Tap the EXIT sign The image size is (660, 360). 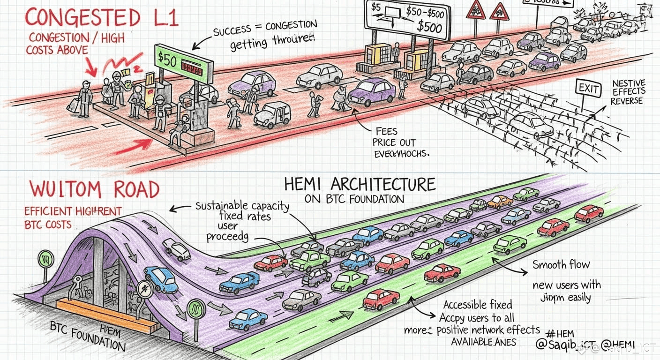tap(588, 88)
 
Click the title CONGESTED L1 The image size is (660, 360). tap(101, 18)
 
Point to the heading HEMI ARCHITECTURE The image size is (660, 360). tap(360, 184)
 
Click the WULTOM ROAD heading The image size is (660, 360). tap(94, 189)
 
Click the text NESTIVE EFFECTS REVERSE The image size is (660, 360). tap(629, 92)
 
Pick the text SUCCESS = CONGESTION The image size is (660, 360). tap(265, 30)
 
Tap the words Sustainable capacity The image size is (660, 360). tap(242, 206)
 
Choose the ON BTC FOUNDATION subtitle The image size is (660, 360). tap(354, 199)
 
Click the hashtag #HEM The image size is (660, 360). tap(556, 334)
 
